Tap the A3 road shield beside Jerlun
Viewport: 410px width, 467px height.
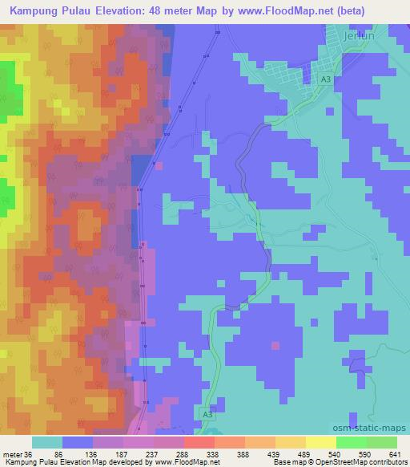click(x=324, y=80)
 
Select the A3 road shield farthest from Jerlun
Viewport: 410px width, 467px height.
click(x=207, y=414)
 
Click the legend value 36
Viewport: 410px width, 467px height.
click(x=28, y=454)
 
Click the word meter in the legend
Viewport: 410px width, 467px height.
click(x=11, y=454)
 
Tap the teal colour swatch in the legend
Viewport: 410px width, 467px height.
click(x=47, y=442)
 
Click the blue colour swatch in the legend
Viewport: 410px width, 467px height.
click(x=78, y=442)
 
